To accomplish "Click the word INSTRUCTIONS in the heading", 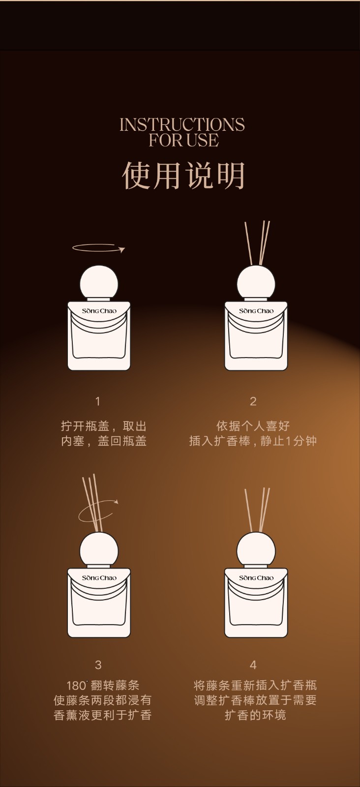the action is [x=182, y=125].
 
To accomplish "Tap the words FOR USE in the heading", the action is [x=183, y=140].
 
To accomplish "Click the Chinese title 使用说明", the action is [x=183, y=175].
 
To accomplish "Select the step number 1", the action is [x=98, y=401].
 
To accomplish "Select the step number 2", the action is [x=253, y=401].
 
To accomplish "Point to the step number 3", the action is [x=98, y=665].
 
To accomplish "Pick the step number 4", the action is [x=253, y=665].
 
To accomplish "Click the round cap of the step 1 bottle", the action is [x=99, y=282].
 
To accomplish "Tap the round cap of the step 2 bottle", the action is [x=256, y=282].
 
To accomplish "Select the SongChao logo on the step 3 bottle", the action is [x=99, y=577].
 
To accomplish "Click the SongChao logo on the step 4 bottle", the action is [x=256, y=577].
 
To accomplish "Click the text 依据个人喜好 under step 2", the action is [x=253, y=426].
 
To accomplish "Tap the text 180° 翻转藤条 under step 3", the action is [x=103, y=685].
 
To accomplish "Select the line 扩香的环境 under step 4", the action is [x=255, y=715].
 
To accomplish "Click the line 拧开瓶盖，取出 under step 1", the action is [x=104, y=426].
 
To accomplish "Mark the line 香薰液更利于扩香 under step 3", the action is [x=103, y=715].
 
